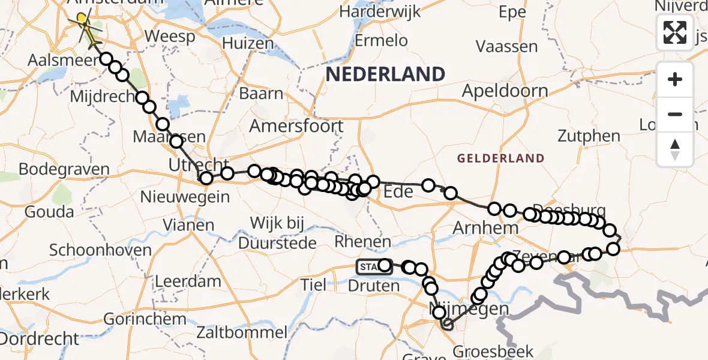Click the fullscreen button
coord(675,32)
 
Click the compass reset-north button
coord(675,148)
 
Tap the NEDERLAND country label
coord(385,74)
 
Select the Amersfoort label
coord(296,127)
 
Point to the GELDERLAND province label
coord(501,158)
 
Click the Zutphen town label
coord(589,136)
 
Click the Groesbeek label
coord(494,351)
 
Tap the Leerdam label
coord(188,281)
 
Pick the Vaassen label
coord(507,46)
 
